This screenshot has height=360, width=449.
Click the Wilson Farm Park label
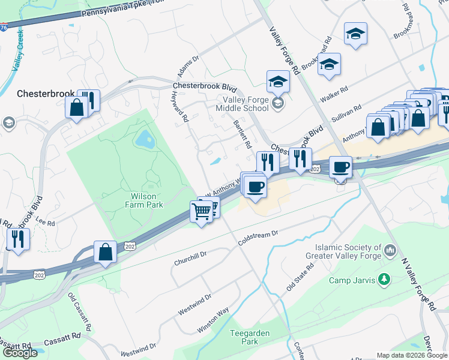coord(147,200)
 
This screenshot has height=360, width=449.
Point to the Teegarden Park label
coord(250,337)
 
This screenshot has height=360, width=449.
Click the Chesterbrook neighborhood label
coord(46,94)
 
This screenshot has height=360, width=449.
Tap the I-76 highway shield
coord(4,28)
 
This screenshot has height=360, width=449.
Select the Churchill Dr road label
coord(190,258)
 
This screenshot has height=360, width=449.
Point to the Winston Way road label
coord(213,321)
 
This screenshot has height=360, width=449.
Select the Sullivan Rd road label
coord(348,114)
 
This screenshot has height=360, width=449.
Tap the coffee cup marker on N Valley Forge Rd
coord(340,167)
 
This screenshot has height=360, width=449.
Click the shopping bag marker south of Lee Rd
coord(105,253)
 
